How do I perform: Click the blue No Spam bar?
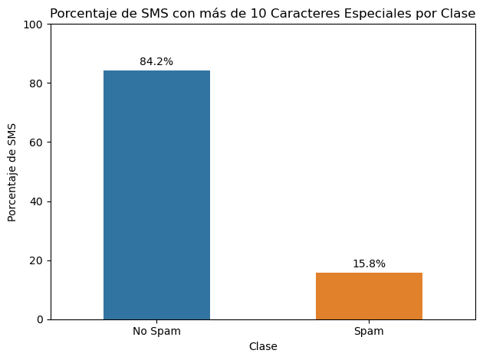pos(156,195)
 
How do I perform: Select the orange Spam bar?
pos(369,296)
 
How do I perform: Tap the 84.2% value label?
pos(156,61)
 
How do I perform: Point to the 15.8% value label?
pos(369,263)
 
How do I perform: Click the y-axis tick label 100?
pos(33,25)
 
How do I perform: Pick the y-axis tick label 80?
pos(36,83)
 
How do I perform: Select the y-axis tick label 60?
pos(36,142)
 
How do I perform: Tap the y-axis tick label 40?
pos(36,201)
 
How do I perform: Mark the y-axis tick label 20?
pos(36,260)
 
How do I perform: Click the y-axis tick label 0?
pos(40,319)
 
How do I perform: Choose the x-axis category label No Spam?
pos(156,332)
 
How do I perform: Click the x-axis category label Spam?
pos(369,332)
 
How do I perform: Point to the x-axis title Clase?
pos(263,346)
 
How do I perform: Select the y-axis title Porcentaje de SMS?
pos(11,172)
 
